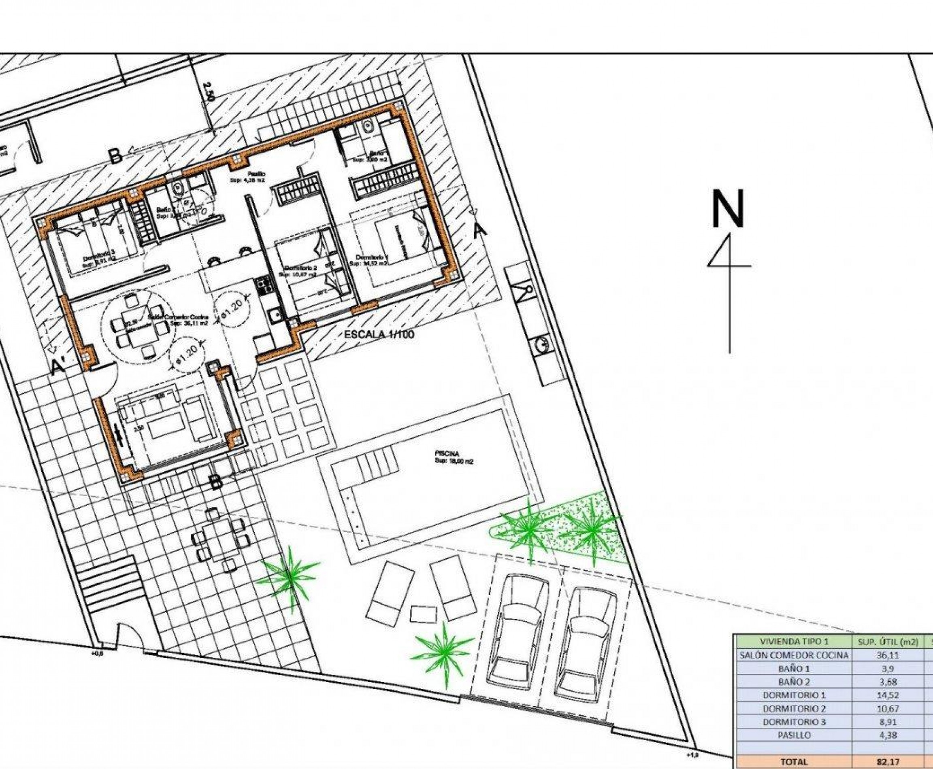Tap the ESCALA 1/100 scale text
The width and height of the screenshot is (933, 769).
(x=379, y=335)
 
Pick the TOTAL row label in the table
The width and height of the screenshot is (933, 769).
(x=793, y=762)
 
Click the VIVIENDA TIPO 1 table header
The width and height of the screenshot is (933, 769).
(x=793, y=642)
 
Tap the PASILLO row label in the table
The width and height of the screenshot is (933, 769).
(x=793, y=735)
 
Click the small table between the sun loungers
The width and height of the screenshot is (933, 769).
(x=424, y=614)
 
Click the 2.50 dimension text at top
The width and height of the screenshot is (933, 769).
(x=209, y=93)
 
